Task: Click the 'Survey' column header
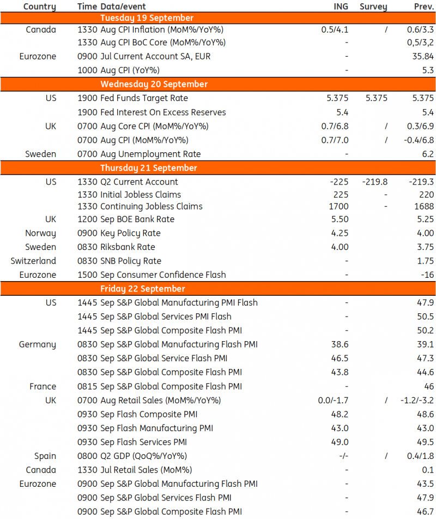373,7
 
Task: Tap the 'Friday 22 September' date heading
142,289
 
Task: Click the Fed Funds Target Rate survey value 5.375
373,98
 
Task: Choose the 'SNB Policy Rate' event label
131,261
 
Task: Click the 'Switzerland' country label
33,261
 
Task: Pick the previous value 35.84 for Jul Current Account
423,56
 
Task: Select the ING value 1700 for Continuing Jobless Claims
338,206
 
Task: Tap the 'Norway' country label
40,234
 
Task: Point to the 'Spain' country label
45,456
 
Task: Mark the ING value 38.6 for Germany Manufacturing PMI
340,344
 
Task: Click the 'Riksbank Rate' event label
128,247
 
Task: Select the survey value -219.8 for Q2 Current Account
374,182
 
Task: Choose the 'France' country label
43,386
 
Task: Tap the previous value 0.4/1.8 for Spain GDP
420,456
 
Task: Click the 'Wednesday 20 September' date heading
154,84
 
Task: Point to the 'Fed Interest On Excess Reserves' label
162,112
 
